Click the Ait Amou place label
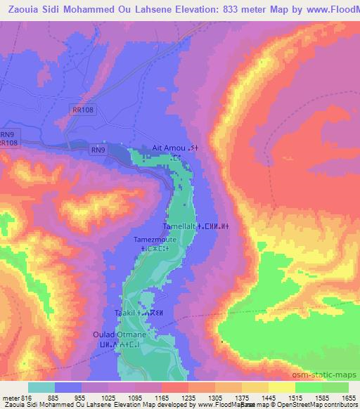point(169,148)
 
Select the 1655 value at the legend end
point(347,398)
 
